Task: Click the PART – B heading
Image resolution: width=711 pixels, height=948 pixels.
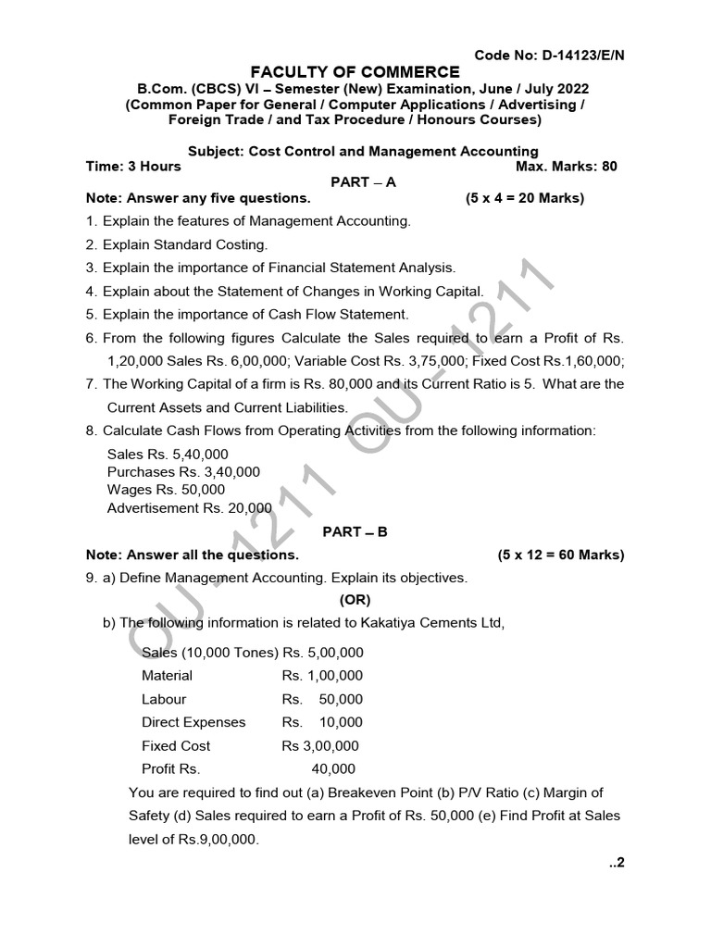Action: pyautogui.click(x=355, y=531)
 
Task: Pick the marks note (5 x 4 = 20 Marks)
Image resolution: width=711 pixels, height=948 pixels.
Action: pyautogui.click(x=524, y=198)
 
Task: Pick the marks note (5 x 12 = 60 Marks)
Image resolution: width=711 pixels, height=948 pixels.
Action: pyautogui.click(x=561, y=555)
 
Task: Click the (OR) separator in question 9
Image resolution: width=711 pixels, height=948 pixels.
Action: pyautogui.click(x=355, y=600)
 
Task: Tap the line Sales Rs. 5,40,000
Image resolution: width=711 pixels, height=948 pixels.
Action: pyautogui.click(x=168, y=455)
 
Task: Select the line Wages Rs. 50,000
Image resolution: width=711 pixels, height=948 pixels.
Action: pyautogui.click(x=166, y=490)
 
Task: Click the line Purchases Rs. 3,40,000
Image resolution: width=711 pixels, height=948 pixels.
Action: pyautogui.click(x=183, y=472)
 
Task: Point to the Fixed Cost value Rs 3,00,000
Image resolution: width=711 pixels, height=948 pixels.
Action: pyautogui.click(x=320, y=745)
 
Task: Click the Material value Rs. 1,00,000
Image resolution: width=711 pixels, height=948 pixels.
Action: pyautogui.click(x=322, y=676)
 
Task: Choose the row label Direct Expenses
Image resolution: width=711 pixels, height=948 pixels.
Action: pyautogui.click(x=193, y=722)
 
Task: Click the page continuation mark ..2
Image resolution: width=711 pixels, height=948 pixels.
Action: pyautogui.click(x=617, y=863)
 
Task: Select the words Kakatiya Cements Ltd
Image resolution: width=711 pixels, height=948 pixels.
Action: pyautogui.click(x=438, y=622)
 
